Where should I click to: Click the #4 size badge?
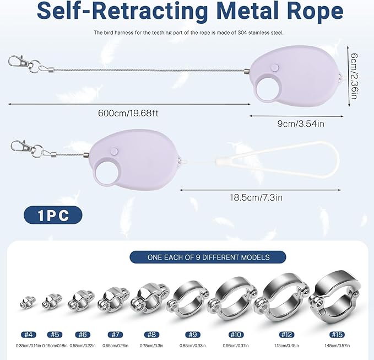(x=29, y=335)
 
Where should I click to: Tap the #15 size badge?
(x=337, y=335)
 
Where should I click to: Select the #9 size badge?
(x=193, y=335)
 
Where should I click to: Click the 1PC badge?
(x=53, y=215)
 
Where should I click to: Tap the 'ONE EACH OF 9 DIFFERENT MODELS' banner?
(x=208, y=257)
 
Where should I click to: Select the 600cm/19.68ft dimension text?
(x=128, y=113)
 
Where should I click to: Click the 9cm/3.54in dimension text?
(x=301, y=123)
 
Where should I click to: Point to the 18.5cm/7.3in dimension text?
(x=256, y=198)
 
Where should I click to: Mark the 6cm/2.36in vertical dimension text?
(x=354, y=76)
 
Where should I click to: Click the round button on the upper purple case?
(x=275, y=67)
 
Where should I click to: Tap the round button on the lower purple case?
(x=115, y=151)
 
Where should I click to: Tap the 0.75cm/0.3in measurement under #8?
(x=151, y=346)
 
